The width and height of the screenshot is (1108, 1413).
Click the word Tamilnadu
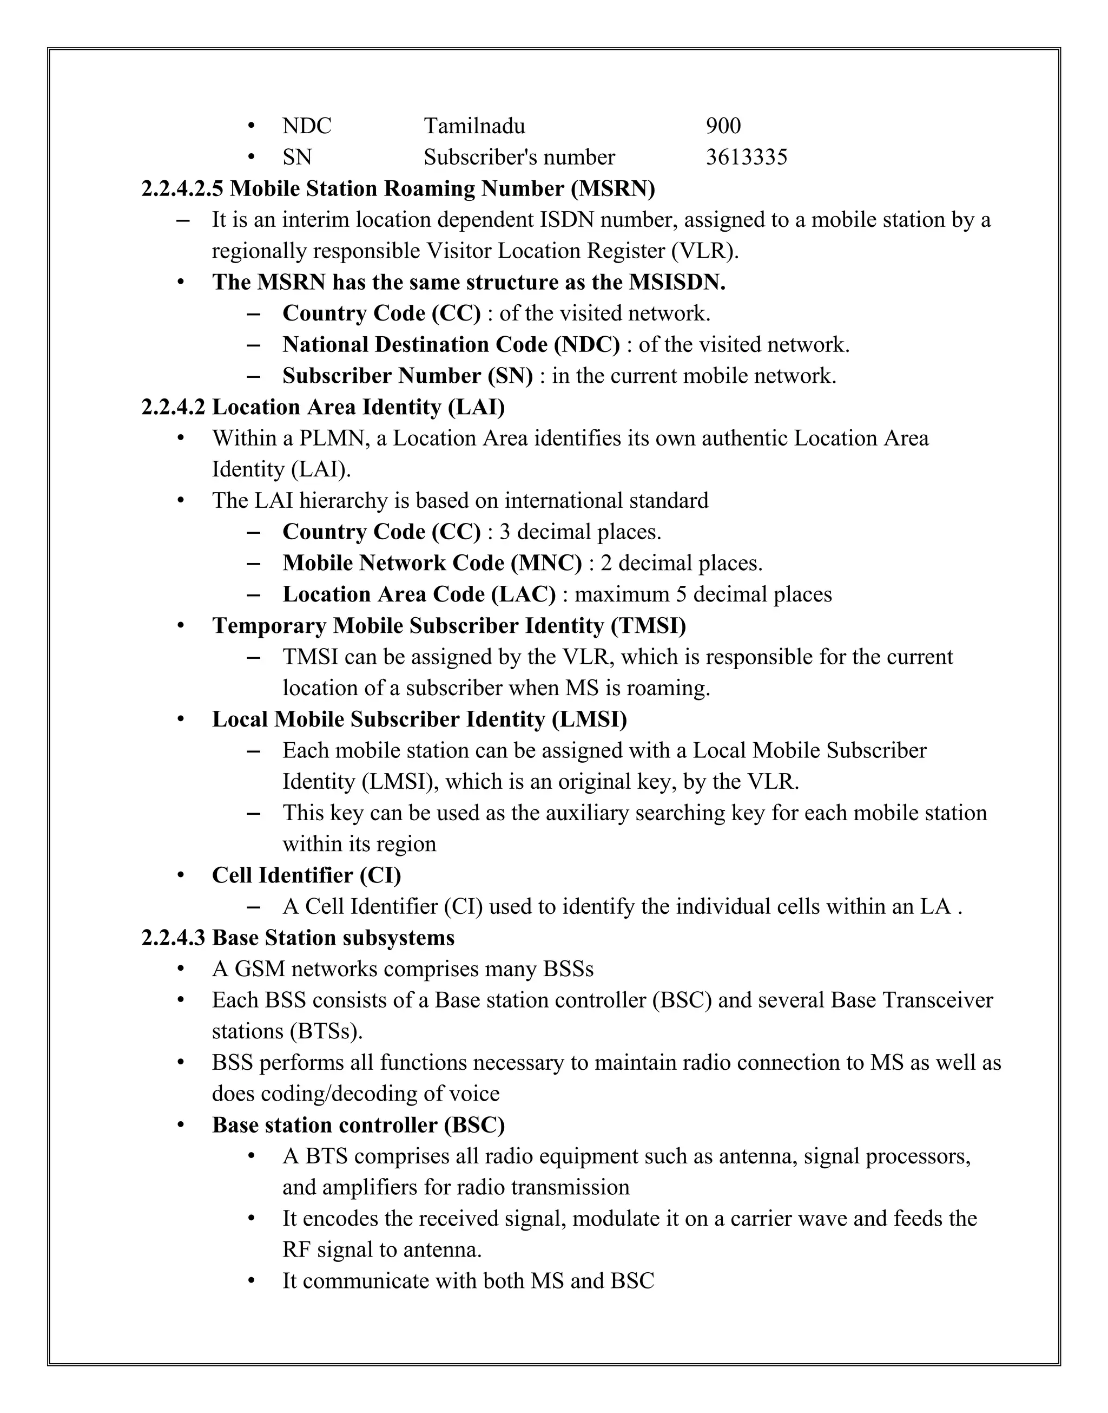(x=474, y=126)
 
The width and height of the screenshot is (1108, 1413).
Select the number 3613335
(x=746, y=157)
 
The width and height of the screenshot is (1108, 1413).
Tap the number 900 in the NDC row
(x=723, y=126)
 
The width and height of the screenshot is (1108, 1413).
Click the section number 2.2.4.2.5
(x=182, y=189)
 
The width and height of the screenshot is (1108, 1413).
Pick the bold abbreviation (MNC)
(x=546, y=564)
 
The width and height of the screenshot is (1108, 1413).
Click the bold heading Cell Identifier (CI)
(x=306, y=875)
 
